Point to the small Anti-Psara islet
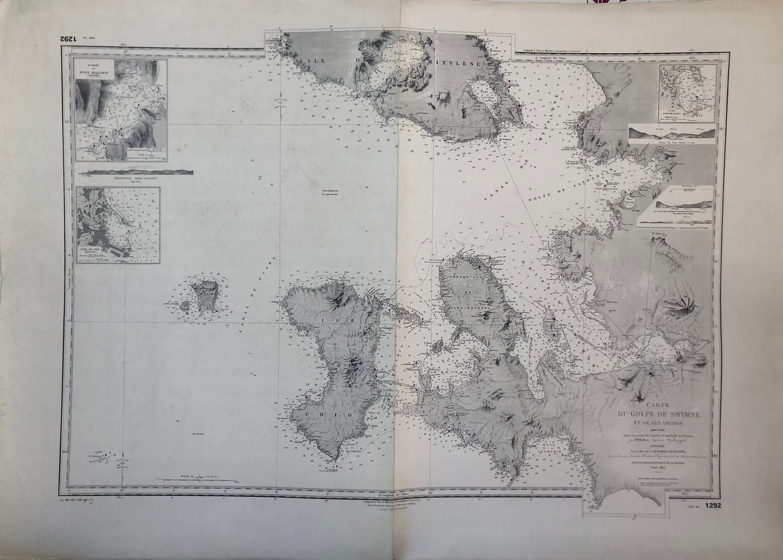click(186, 306)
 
